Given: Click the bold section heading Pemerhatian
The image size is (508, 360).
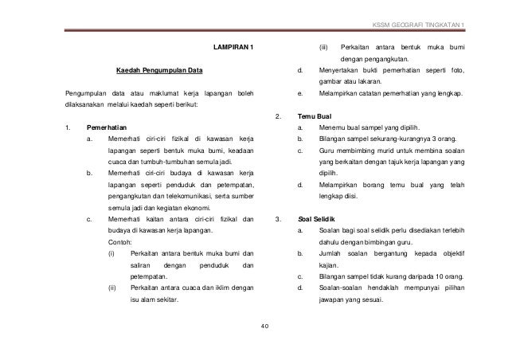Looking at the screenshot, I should (x=107, y=127).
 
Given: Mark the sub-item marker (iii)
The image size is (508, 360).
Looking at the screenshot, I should (x=324, y=49).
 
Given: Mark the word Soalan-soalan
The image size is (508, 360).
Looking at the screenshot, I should (x=345, y=290).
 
